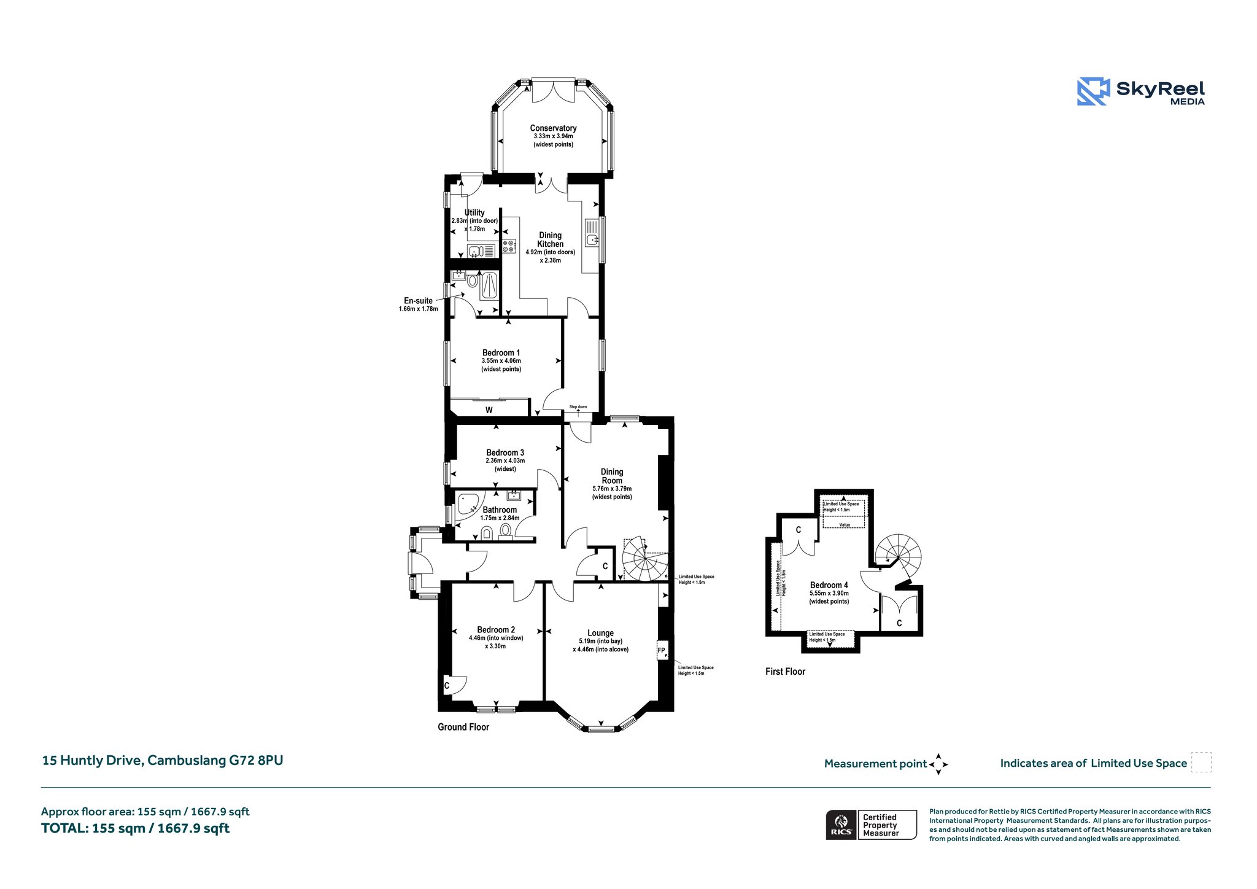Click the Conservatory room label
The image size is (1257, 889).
553,128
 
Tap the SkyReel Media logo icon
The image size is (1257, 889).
1093,91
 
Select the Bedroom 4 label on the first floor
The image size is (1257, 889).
829,585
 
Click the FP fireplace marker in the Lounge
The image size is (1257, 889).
661,650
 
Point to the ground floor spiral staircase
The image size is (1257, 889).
645,559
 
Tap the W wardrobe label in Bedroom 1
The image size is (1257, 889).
489,410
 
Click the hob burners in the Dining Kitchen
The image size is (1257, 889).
509,246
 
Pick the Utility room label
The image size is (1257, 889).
474,212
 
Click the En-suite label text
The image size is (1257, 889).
418,301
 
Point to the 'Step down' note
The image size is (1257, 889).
578,406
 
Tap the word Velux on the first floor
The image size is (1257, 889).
845,524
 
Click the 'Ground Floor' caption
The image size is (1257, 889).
463,727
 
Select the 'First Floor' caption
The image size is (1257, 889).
785,672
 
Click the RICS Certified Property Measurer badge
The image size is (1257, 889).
871,825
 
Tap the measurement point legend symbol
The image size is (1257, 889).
938,764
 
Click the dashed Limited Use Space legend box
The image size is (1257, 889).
1201,763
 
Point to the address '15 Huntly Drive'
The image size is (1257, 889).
92,761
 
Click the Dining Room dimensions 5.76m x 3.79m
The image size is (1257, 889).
612,489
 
